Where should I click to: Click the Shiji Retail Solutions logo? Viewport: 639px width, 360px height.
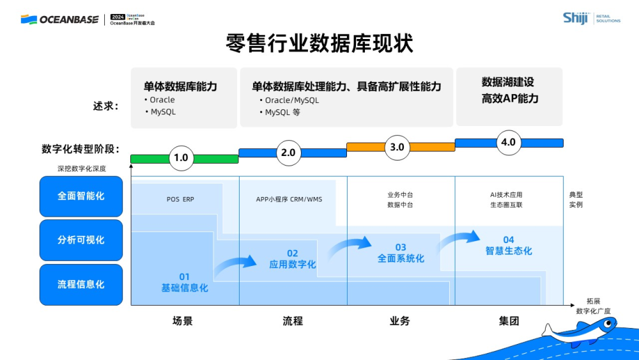[x=591, y=18]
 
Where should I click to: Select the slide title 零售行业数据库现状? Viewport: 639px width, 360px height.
[x=319, y=44]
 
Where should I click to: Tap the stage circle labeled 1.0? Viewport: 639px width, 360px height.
[x=181, y=157]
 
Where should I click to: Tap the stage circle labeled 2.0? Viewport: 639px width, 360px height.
[x=288, y=152]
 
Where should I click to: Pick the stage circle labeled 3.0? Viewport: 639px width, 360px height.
[x=397, y=147]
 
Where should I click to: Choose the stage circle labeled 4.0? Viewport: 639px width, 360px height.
[x=508, y=142]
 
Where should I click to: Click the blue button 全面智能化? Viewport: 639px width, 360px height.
[x=81, y=196]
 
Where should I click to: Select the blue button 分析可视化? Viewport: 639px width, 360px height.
[x=81, y=240]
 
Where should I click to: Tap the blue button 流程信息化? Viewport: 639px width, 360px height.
[x=81, y=284]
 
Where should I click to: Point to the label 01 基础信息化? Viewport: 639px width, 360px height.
[x=184, y=283]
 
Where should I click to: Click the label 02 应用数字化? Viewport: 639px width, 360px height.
[x=292, y=259]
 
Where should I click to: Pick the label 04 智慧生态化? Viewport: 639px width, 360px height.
[x=509, y=246]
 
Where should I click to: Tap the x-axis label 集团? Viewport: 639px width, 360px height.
[x=509, y=321]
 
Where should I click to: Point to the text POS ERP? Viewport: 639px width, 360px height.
[x=180, y=200]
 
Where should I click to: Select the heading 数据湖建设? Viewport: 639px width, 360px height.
[x=508, y=82]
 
